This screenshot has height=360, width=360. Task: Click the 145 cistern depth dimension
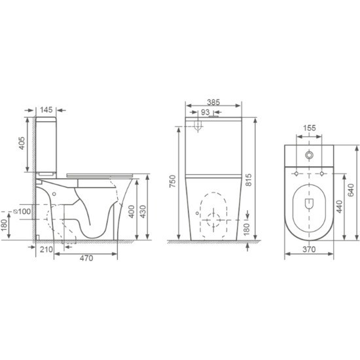(x=46, y=110)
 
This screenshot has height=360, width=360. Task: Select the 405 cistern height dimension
(x=22, y=143)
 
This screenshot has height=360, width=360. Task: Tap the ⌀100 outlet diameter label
(x=22, y=211)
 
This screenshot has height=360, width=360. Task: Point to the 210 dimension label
(x=46, y=249)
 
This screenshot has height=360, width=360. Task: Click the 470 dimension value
(x=86, y=258)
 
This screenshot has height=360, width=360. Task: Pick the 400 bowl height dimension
(x=132, y=211)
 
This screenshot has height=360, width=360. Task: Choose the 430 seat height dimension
(x=143, y=211)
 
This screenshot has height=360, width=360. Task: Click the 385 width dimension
(x=213, y=102)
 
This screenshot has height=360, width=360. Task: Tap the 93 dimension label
(x=206, y=113)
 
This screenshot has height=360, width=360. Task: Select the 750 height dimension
(x=173, y=181)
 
